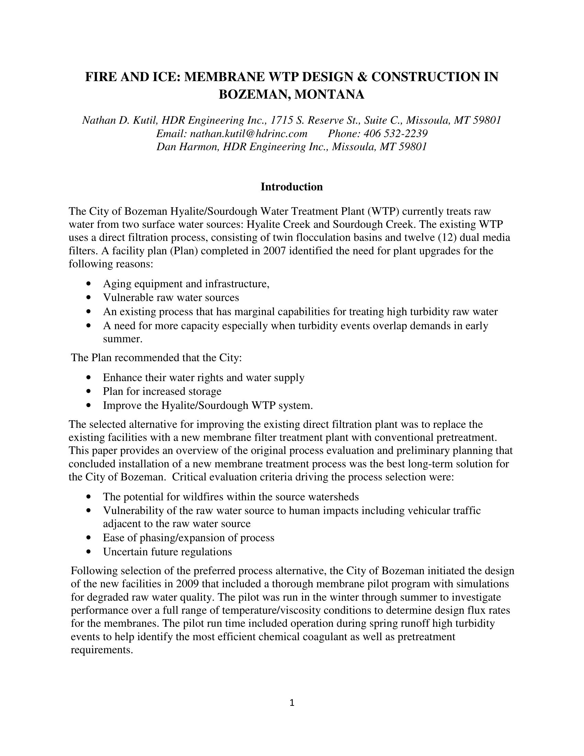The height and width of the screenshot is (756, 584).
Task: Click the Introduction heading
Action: click(292, 187)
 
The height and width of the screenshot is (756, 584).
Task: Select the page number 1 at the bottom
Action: click(292, 703)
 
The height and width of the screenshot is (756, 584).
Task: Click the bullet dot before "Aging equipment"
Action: click(90, 284)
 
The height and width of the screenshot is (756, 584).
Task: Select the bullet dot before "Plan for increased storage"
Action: click(90, 391)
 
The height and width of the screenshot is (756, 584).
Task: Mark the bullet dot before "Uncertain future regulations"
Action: click(90, 552)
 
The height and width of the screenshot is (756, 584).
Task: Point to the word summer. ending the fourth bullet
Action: click(123, 339)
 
